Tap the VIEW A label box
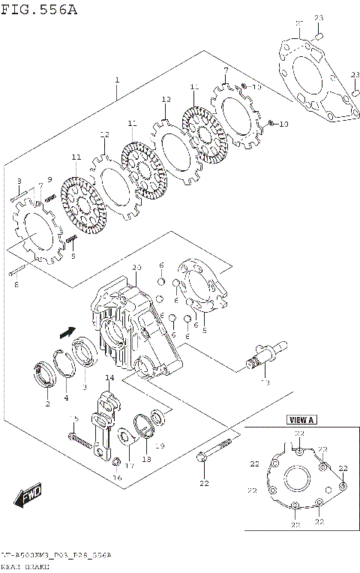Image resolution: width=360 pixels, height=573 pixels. (x=302, y=420)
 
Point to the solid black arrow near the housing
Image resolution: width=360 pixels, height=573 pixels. (x=67, y=330)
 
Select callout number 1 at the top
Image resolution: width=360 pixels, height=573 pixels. (x=117, y=79)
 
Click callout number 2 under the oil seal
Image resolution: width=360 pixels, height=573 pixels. (x=46, y=404)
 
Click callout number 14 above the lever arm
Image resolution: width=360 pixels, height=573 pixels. (x=109, y=378)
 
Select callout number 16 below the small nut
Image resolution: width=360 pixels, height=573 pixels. (x=116, y=477)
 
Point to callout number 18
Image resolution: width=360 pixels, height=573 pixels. (x=147, y=459)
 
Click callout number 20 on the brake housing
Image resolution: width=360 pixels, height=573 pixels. (x=136, y=268)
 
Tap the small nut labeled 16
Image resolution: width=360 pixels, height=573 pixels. (x=116, y=462)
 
